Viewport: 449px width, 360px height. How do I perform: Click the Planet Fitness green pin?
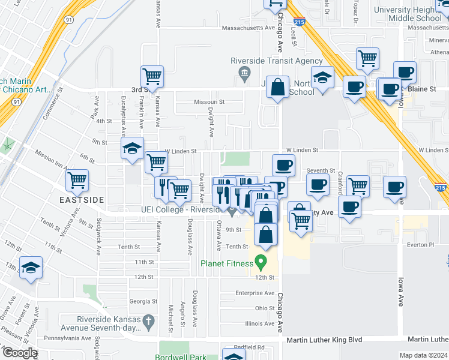(261, 262)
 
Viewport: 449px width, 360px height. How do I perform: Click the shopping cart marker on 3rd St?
(152, 77)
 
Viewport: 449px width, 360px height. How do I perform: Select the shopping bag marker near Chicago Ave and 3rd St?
(278, 88)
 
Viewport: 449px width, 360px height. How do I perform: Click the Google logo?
(19, 353)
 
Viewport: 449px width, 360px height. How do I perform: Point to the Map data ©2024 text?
(424, 355)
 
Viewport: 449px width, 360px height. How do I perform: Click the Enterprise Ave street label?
(255, 293)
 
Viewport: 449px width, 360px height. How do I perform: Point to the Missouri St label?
(209, 102)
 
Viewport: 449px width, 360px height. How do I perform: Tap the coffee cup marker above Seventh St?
(283, 165)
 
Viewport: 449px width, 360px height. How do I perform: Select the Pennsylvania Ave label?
(66, 338)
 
